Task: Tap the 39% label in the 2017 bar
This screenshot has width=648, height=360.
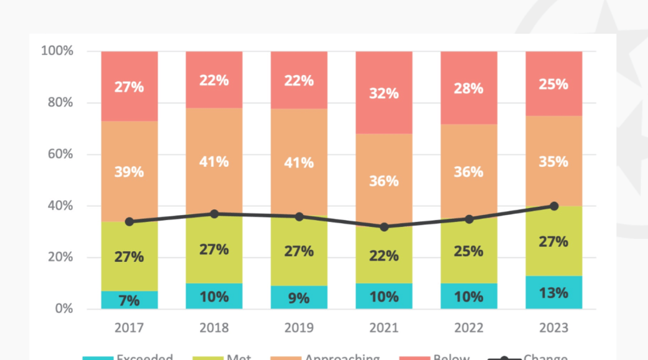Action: coord(129,171)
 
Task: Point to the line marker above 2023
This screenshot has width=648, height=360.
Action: coord(554,206)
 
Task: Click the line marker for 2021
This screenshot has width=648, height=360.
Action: coord(384,227)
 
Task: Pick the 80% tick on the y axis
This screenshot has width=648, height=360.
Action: coord(57,102)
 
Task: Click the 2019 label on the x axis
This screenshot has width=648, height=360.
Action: coord(299,327)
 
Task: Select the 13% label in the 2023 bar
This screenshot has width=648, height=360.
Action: coord(554,293)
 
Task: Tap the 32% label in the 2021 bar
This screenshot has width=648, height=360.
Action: coord(384,93)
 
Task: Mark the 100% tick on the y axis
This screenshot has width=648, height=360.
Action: coord(57,51)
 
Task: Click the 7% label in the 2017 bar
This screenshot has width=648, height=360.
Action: coord(129,301)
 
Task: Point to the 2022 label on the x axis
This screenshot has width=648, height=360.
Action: coord(469,327)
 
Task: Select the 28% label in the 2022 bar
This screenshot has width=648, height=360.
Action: coord(469,88)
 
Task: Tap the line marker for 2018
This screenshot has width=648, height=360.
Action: coord(214,214)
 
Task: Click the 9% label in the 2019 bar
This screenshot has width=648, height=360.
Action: coord(299,298)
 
